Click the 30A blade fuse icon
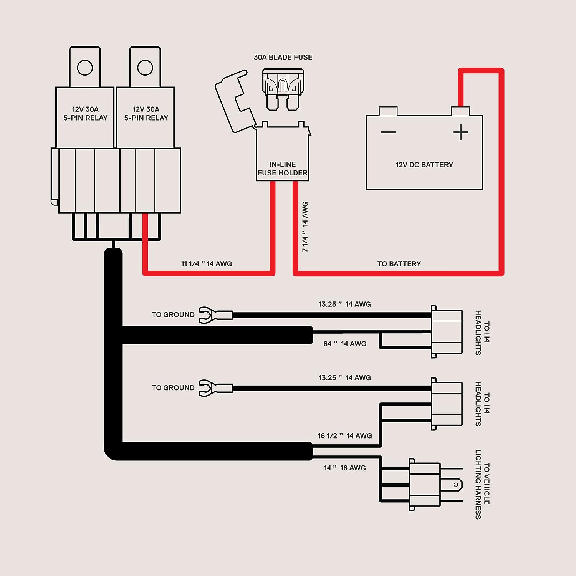click(x=283, y=89)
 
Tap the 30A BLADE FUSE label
click(x=283, y=57)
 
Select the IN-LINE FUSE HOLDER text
click(x=283, y=169)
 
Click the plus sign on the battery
click(x=460, y=132)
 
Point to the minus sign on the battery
click(x=388, y=132)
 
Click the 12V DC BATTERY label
click(x=424, y=165)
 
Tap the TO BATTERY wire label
click(x=399, y=264)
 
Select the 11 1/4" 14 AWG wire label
click(x=207, y=264)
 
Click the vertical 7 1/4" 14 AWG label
click(x=305, y=227)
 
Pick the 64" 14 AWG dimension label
click(x=345, y=344)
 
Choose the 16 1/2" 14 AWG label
click(x=345, y=436)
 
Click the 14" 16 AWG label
click(x=345, y=468)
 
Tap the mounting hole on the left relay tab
click(x=85, y=68)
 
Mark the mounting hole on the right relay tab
click(x=145, y=68)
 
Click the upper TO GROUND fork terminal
click(x=215, y=315)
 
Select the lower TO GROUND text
click(x=173, y=388)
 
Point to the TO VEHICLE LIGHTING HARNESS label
click(x=483, y=485)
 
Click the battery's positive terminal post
click(x=460, y=111)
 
